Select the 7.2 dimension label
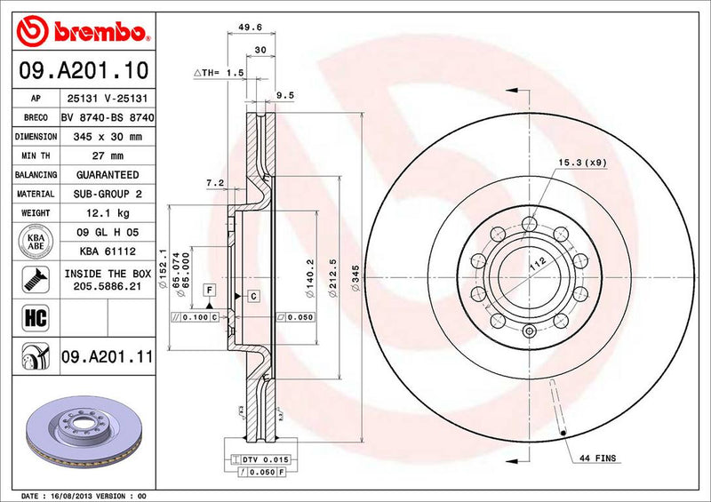[x=214, y=182]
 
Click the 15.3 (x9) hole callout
[x=582, y=162]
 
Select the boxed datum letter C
[x=253, y=294]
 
